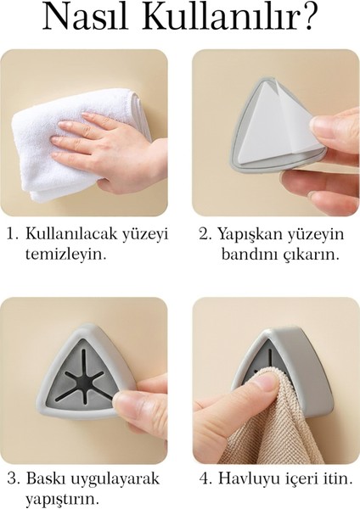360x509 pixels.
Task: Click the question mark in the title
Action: (x=323, y=18)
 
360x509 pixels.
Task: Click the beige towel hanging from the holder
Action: (x=255, y=428)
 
